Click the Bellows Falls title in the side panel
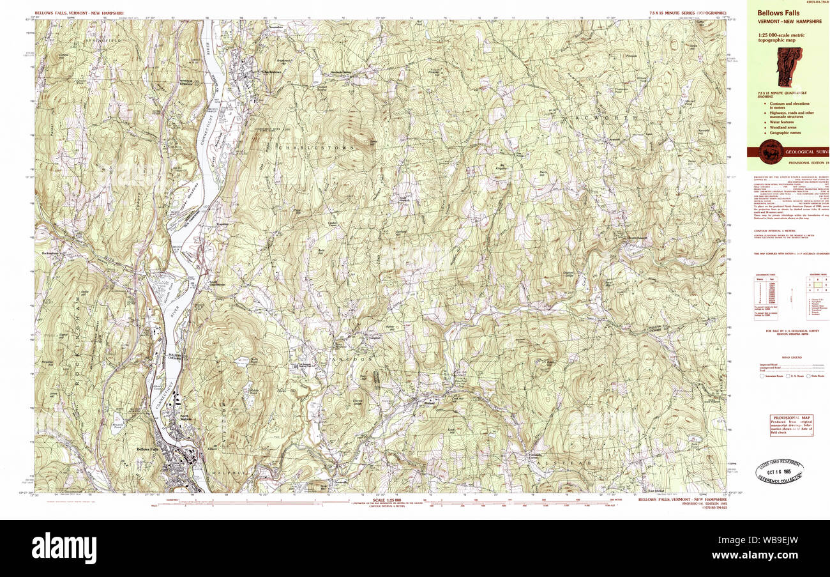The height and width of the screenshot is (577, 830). [x=778, y=13]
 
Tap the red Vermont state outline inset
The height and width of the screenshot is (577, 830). [x=789, y=66]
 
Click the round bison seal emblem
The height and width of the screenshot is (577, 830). [x=771, y=151]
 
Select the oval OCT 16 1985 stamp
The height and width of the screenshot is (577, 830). [x=779, y=471]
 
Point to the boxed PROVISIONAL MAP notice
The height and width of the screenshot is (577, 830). [x=791, y=425]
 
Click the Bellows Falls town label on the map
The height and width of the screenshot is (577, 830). [x=147, y=449]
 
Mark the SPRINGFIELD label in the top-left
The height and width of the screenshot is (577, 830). [x=105, y=40]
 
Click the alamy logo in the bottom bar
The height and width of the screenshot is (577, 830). [x=64, y=548]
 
